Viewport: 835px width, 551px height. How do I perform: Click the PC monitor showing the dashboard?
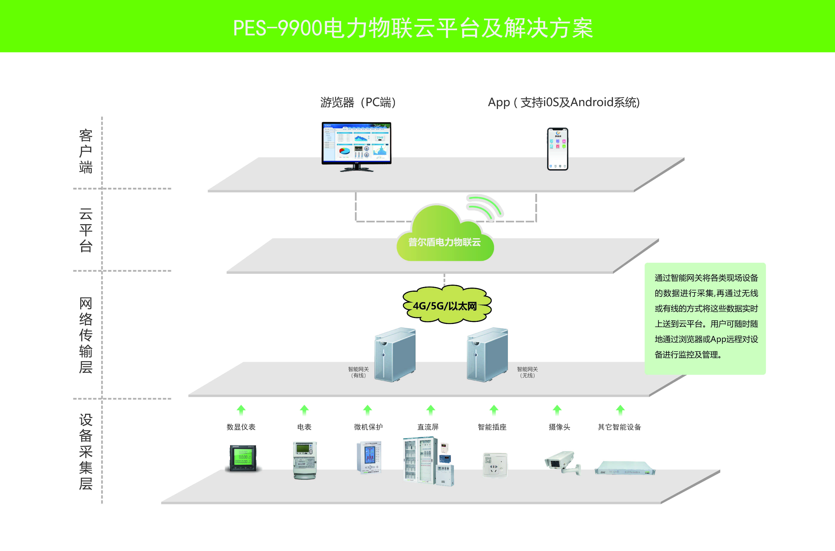click(x=356, y=144)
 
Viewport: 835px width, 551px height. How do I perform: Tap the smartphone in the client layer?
click(x=557, y=149)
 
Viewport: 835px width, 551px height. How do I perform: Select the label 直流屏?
click(x=428, y=427)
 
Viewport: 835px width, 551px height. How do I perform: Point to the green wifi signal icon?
click(x=485, y=207)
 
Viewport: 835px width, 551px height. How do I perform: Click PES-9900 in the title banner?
click(x=278, y=28)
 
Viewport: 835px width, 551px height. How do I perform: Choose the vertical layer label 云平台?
click(x=86, y=230)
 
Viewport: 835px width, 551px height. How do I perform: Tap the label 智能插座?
click(x=492, y=427)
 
